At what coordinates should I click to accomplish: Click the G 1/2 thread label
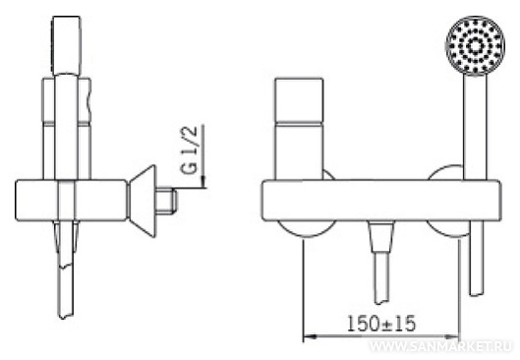(x=190, y=150)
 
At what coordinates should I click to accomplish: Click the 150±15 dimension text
(x=381, y=323)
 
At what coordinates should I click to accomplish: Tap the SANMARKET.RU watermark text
(x=440, y=347)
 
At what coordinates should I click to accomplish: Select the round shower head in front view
(x=475, y=45)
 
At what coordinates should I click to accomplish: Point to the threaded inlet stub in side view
(x=166, y=200)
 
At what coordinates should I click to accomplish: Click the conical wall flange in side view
(x=143, y=201)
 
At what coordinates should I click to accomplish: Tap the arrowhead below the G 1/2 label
(x=202, y=182)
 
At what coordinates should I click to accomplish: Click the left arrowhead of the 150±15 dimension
(x=310, y=336)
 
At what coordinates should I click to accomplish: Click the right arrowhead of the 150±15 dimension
(x=453, y=337)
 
